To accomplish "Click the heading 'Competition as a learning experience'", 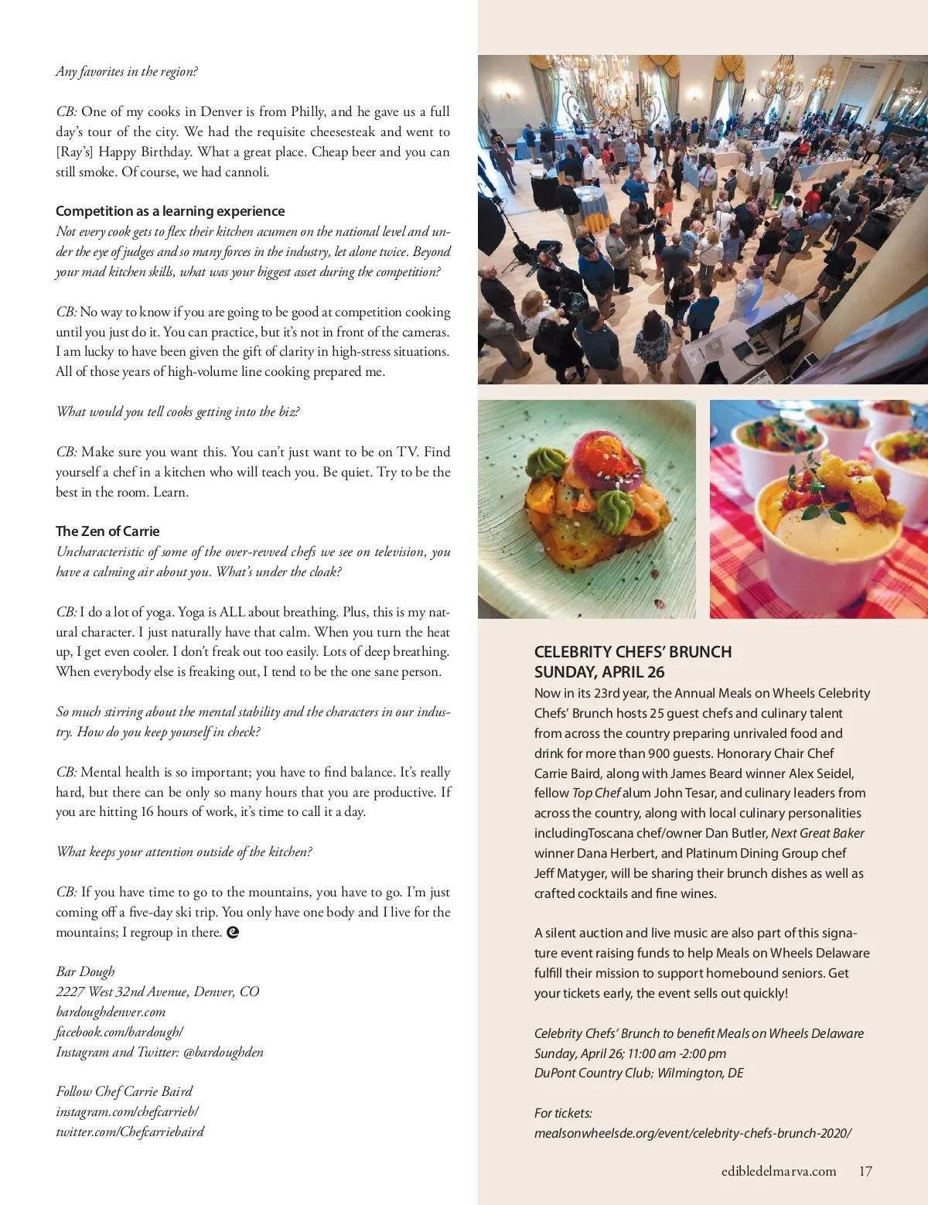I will pos(170,211).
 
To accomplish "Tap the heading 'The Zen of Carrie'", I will pos(107,531).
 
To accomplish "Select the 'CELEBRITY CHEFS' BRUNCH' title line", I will pos(633,652).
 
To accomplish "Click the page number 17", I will pos(865,1171).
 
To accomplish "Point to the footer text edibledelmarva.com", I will pos(779,1171).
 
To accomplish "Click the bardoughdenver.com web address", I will pos(111,1012).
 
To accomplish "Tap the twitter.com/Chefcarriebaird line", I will pos(130,1132).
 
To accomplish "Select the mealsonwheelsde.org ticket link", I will pos(692,1133).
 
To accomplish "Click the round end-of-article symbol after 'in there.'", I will pos(233,932).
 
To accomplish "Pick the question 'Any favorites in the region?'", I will pos(127,72).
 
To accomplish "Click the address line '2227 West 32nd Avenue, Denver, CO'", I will pos(158,992).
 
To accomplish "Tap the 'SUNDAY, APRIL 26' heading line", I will pos(599,672).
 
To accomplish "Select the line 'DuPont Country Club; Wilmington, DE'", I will pos(639,1073).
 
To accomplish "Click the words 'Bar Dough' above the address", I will pos(85,971).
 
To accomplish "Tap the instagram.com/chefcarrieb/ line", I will pos(127,1111).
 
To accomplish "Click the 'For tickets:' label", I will pos(563,1113).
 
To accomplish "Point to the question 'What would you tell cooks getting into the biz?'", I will pos(178,411).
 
